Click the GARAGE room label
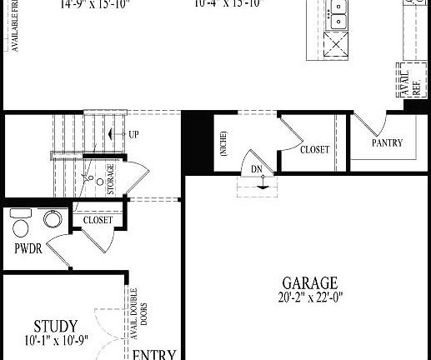[x=309, y=282]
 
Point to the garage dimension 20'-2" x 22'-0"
[x=309, y=297]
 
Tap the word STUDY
[x=57, y=326]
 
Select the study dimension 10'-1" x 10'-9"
[x=57, y=340]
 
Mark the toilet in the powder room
[x=21, y=223]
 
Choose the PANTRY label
[x=387, y=143]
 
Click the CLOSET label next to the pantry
[x=314, y=150]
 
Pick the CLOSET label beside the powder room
[x=98, y=221]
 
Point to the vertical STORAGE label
[x=111, y=180]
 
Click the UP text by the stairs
[x=133, y=134]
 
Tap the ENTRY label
[x=154, y=354]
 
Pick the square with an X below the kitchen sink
[x=337, y=42]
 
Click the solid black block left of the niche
[x=198, y=141]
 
